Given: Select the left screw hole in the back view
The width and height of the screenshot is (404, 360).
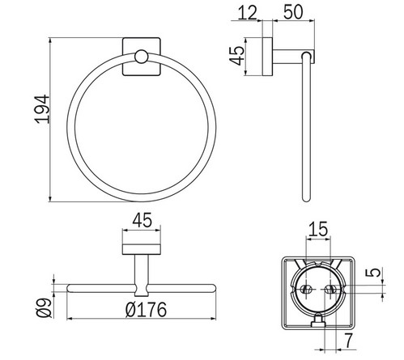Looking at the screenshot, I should [307, 287].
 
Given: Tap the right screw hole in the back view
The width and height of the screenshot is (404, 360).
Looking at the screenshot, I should [329, 287].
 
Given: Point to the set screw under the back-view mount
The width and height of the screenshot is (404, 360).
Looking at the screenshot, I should [318, 324].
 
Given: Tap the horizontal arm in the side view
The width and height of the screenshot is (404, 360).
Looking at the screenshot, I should [287, 57].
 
